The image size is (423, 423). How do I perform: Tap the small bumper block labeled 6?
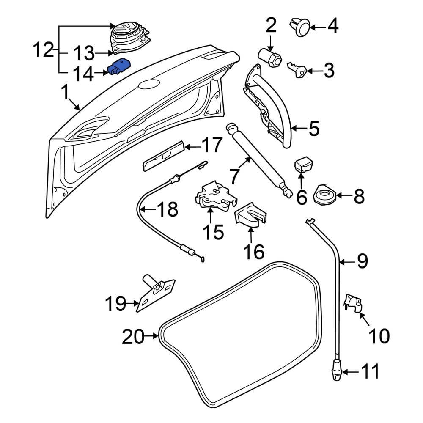[303, 165]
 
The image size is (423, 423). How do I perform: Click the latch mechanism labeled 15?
[214, 195]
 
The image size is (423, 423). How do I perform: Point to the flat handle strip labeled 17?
[163, 156]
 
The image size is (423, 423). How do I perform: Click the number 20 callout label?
[133, 337]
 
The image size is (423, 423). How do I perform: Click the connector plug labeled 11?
[337, 369]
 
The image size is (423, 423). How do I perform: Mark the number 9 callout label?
[363, 262]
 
